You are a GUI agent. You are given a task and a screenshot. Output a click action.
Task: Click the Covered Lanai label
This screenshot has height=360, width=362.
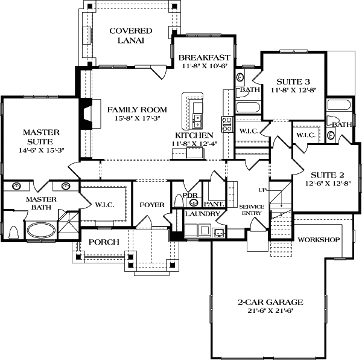[x=130, y=36]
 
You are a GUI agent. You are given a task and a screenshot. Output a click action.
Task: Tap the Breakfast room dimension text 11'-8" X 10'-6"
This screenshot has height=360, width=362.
[x=203, y=66]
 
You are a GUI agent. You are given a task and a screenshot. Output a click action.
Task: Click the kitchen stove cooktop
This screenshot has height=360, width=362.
[x=227, y=124]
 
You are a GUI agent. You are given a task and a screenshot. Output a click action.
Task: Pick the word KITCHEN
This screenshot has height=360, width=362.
[x=194, y=135]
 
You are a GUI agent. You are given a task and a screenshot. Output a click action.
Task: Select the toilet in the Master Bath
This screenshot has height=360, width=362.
[x=14, y=232]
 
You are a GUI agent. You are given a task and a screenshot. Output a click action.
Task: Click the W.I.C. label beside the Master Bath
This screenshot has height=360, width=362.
[x=104, y=205]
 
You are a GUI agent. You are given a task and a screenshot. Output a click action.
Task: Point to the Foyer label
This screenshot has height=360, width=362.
[x=152, y=205]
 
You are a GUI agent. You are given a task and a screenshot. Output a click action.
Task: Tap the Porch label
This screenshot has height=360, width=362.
[x=104, y=242]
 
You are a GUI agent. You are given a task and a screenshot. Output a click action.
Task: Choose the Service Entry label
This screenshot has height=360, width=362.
[x=248, y=210]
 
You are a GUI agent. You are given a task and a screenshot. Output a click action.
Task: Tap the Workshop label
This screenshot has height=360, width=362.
[x=319, y=239]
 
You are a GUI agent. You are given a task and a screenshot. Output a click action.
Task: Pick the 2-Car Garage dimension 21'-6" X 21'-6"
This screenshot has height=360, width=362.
[x=270, y=311]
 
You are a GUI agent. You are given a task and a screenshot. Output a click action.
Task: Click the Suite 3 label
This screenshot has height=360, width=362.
[x=293, y=82]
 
